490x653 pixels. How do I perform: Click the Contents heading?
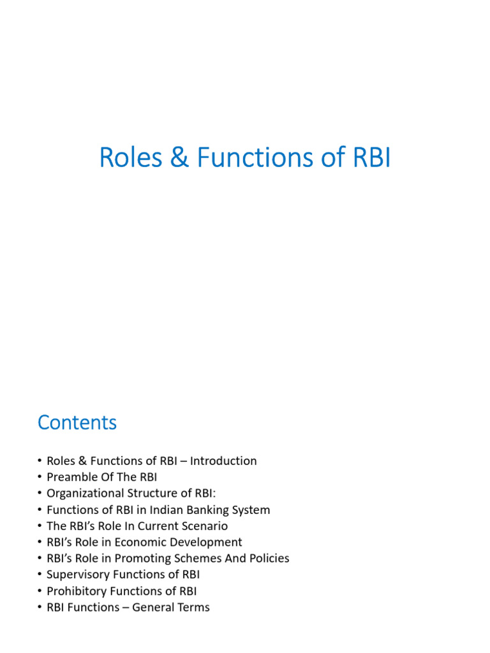click(77, 422)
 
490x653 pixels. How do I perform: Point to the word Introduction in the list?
click(223, 460)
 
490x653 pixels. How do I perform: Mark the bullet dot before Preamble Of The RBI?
click(40, 477)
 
